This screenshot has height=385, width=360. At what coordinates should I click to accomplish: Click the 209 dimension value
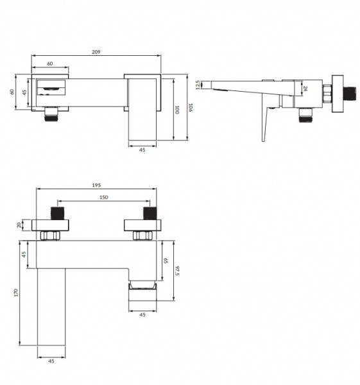click(x=96, y=52)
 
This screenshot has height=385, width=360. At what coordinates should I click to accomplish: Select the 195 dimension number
click(x=96, y=185)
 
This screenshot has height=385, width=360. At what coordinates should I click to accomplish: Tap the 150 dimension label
click(x=103, y=197)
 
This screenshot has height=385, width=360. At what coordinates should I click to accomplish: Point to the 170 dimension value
click(x=16, y=293)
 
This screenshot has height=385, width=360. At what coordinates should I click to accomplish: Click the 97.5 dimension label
click(x=177, y=270)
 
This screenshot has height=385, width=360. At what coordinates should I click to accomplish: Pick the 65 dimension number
click(x=166, y=261)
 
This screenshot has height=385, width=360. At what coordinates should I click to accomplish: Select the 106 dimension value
click(x=190, y=108)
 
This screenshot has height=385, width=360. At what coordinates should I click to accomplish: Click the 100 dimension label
click(x=177, y=110)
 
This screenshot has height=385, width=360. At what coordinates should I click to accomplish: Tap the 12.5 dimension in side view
click(x=198, y=85)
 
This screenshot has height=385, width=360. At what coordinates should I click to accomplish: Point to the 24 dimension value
click(x=305, y=89)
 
